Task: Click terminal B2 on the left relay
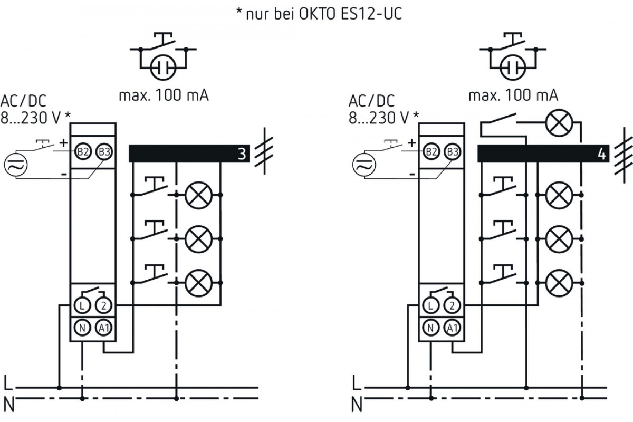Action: pos(83,152)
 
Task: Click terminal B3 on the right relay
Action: pos(453,152)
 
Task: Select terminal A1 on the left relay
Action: pos(104,328)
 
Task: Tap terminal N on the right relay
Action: pos(430,328)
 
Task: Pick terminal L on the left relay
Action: pos(82,305)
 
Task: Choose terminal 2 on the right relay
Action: pos(452,305)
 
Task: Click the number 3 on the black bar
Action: pos(242,154)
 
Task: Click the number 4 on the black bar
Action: pos(602,154)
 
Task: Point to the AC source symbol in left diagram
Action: pos(16,165)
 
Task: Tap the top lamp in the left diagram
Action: pos(199,195)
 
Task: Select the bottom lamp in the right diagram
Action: pos(559,283)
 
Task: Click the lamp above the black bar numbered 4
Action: pos(559,123)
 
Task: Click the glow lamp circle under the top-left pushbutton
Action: pos(163,68)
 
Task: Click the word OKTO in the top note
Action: pos(318,14)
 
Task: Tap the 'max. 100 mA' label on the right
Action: pos(513,95)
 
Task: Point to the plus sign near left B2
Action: pos(64,143)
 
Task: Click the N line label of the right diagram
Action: pos(357,405)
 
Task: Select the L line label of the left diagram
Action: pos(8,383)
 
